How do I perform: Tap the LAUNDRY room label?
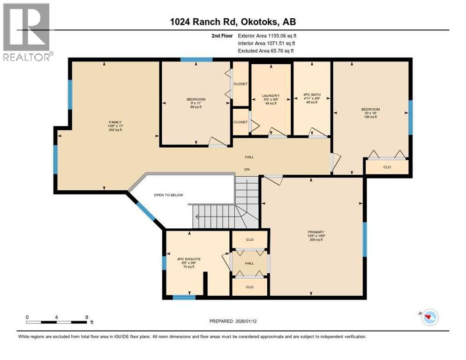point(271,96)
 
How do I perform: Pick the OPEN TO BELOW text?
point(169,195)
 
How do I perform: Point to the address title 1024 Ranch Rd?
point(233,22)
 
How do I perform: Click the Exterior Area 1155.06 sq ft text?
point(267,36)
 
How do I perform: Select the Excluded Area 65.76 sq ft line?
point(266,51)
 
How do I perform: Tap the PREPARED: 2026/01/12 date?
point(233,322)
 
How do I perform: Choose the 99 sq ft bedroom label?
point(195,107)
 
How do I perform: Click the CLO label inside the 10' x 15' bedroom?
point(387,167)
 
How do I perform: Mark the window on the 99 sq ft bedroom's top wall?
point(196,60)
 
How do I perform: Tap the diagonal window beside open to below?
point(146,210)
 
